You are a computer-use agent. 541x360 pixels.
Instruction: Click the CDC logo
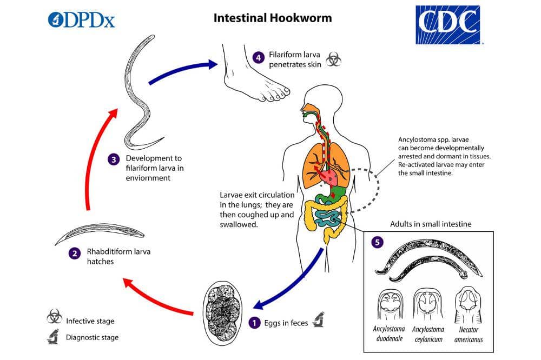coord(448,25)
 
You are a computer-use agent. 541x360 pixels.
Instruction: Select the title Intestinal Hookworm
coord(273,18)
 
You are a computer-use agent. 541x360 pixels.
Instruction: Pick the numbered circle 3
coord(113,159)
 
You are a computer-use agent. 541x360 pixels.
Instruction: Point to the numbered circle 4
coord(259,56)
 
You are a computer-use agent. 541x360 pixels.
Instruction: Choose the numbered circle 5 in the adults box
coord(377,242)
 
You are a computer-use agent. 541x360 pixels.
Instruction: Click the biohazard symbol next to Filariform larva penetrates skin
coord(334,60)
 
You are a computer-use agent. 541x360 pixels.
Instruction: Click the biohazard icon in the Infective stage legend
coord(54,317)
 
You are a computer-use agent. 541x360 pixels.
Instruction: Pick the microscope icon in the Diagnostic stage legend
coord(54,337)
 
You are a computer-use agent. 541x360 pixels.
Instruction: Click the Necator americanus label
coord(469,334)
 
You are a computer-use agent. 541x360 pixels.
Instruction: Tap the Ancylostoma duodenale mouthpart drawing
coord(390,305)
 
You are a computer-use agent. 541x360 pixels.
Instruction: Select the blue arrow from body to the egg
coord(292,281)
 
